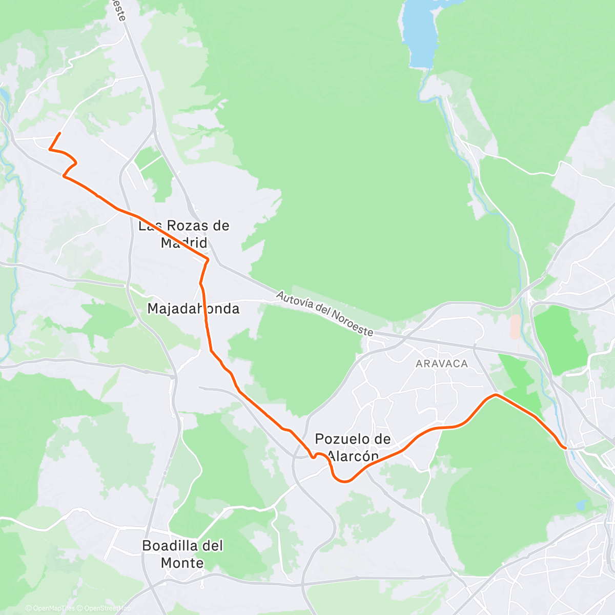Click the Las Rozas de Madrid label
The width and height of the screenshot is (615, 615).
point(184,234)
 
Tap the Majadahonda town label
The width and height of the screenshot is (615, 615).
point(193,309)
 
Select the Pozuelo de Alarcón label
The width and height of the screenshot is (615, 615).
point(353,447)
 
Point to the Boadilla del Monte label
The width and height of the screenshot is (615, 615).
point(182,554)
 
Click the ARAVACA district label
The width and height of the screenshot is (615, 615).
point(442,364)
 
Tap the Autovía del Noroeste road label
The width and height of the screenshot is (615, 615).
point(324,314)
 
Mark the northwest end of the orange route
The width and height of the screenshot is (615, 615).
point(60,133)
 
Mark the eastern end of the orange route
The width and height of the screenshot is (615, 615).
point(565,448)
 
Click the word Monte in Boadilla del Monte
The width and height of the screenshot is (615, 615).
point(182,563)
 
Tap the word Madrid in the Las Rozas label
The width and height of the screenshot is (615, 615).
point(184,242)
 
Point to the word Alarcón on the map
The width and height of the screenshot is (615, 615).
point(354,456)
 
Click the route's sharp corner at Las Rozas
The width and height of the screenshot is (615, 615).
point(208,260)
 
